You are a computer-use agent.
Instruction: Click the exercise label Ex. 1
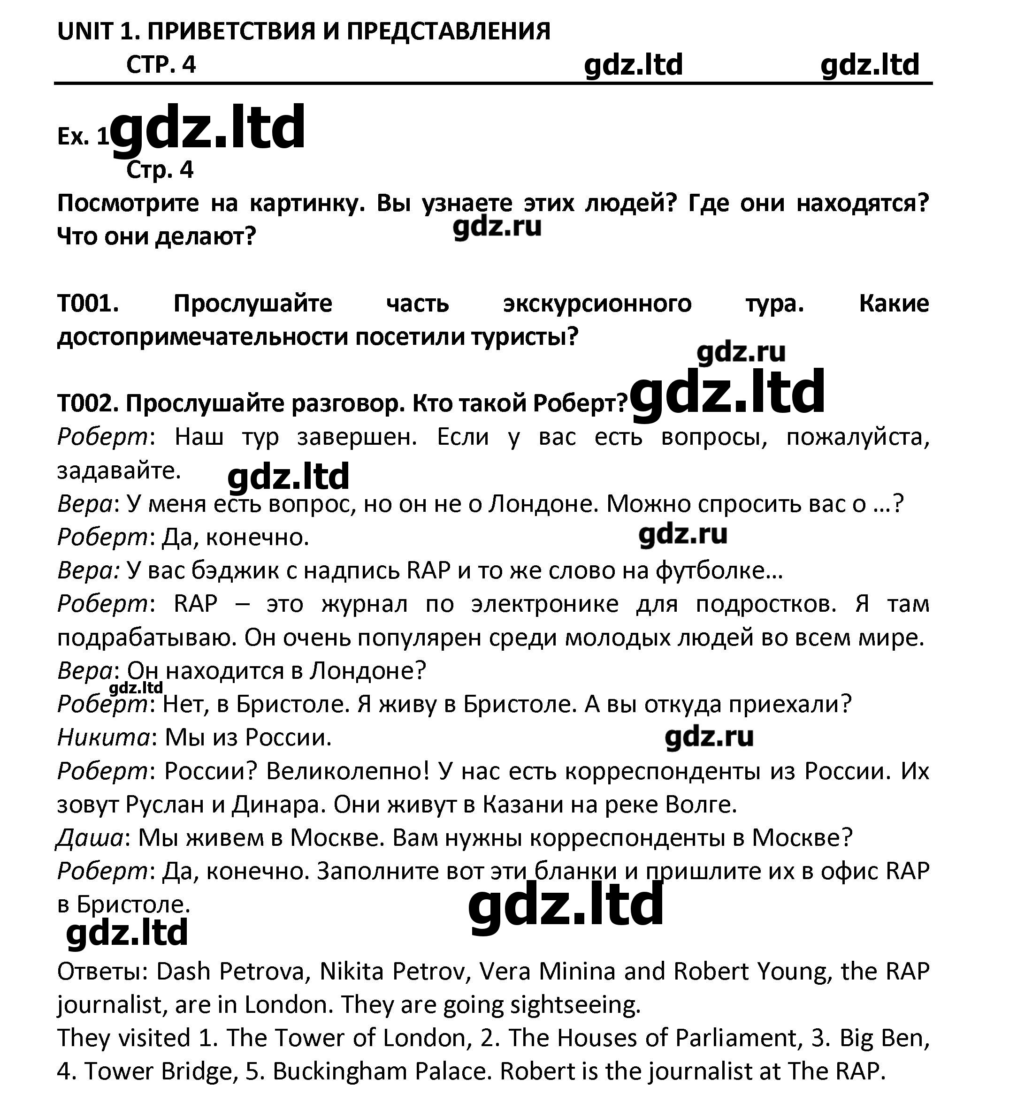coord(83,137)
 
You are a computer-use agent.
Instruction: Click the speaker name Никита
coord(103,737)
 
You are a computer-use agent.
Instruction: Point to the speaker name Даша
coord(90,838)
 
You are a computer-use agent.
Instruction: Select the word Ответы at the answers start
coord(102,972)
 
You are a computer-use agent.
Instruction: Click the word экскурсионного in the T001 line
coord(597,303)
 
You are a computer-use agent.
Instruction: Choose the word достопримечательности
coord(201,337)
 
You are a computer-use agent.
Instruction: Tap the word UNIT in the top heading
coord(85,31)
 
